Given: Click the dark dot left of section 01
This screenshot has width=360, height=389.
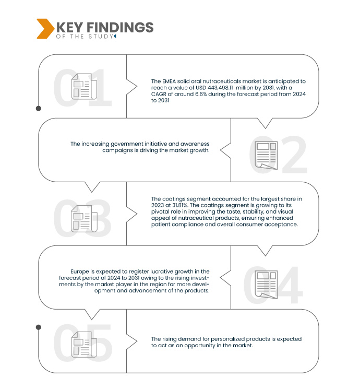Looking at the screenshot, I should coord(38,109).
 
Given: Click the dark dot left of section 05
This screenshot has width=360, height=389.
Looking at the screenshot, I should coord(38,327).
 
